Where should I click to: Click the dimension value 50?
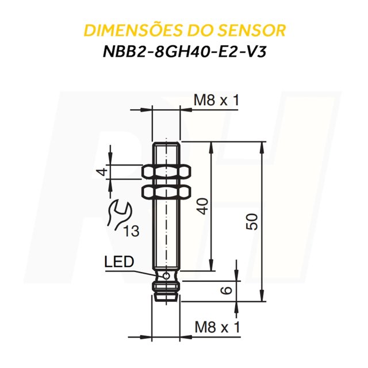[251, 221]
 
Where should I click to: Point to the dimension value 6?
[228, 290]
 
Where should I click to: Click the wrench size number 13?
[131, 232]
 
